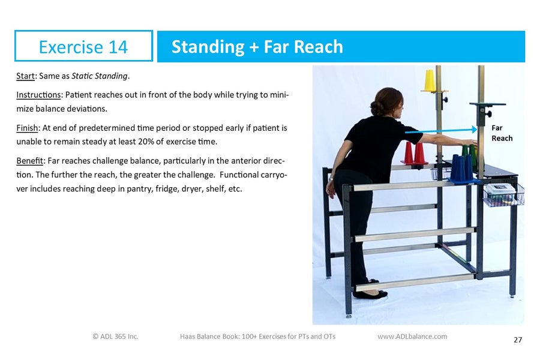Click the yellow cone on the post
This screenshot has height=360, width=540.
430,80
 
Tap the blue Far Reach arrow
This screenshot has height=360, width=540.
441,130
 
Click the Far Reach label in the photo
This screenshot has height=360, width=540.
502,133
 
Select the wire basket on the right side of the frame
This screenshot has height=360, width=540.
503,194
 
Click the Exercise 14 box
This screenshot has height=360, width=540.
83,46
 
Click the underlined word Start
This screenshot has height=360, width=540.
26,76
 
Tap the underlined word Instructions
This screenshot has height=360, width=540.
38,95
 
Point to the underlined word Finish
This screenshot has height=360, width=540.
27,128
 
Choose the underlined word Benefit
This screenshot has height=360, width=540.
29,162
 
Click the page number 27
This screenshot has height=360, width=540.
518,340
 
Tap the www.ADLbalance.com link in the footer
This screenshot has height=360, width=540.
412,337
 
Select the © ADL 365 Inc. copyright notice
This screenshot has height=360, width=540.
115,337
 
